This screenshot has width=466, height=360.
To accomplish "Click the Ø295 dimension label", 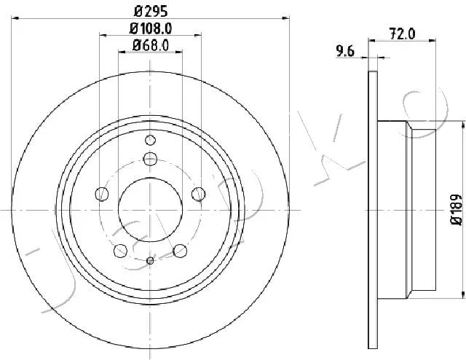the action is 151,12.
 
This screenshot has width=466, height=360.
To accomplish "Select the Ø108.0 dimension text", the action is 151,28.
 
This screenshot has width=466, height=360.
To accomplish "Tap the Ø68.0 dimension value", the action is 151,46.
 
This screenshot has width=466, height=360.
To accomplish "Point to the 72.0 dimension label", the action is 402,34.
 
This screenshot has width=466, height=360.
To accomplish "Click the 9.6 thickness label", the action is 345,52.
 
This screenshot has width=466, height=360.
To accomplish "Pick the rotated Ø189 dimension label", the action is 457,210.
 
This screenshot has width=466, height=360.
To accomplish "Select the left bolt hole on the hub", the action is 102,195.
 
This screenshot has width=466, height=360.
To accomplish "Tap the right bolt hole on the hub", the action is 199,195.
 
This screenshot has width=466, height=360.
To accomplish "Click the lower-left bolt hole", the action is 120,251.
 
